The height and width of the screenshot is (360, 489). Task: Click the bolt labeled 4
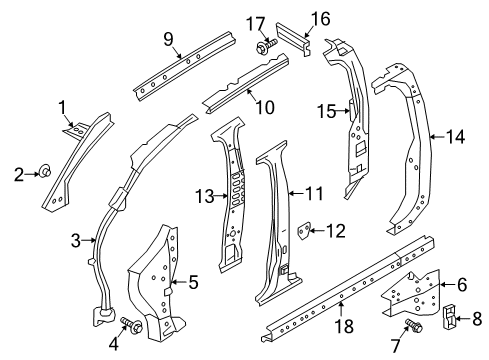129,324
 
